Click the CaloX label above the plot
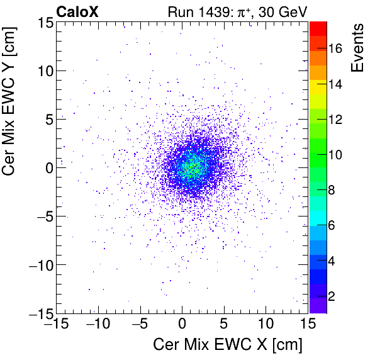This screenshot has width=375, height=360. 77,11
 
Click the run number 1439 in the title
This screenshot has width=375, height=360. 219,11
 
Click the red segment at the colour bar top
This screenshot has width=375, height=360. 318,27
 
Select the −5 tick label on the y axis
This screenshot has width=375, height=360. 41,216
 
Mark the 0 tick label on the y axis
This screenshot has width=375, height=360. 47,167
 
